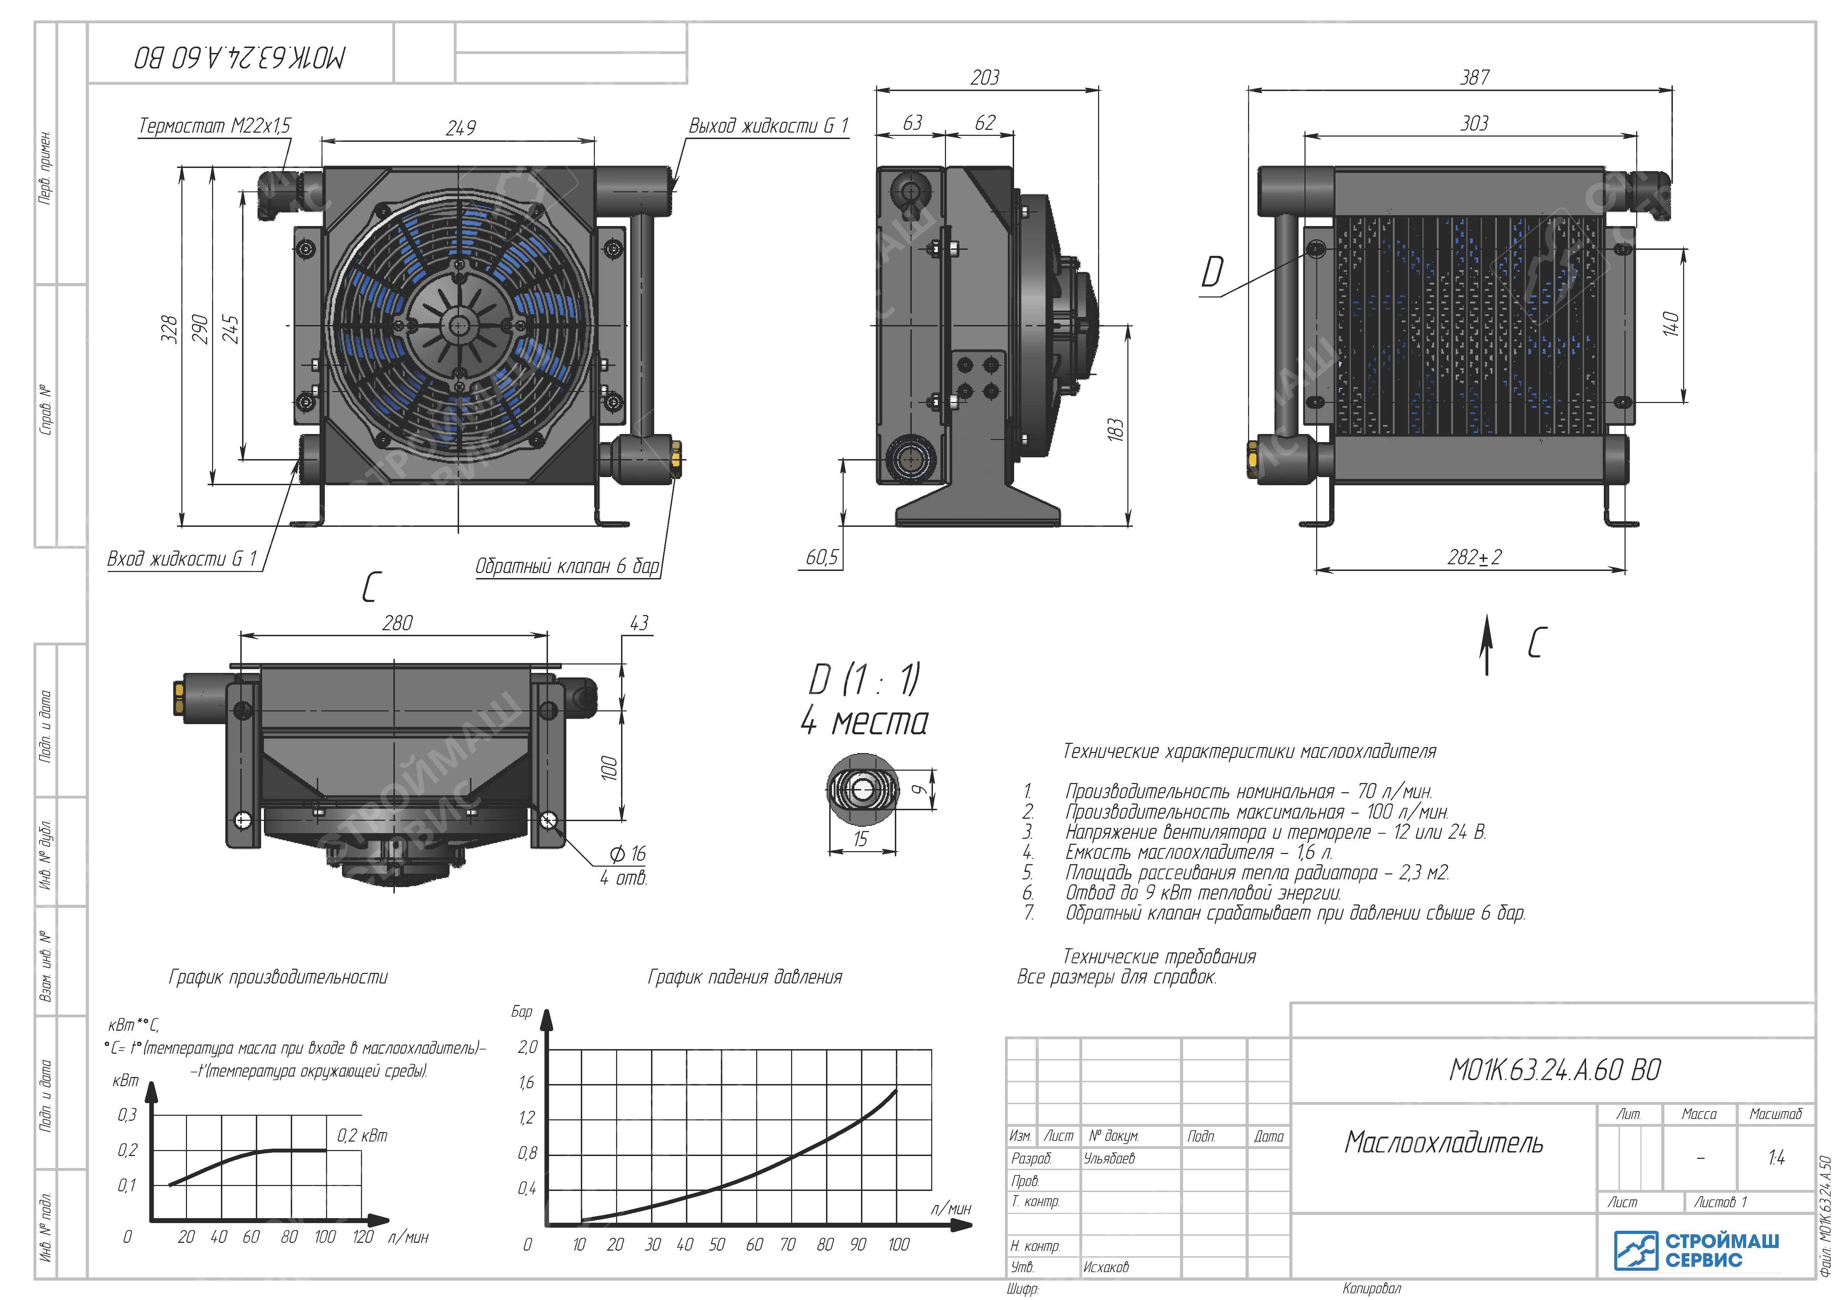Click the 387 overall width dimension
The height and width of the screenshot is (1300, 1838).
point(1475,78)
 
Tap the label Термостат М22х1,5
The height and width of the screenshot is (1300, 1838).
point(215,126)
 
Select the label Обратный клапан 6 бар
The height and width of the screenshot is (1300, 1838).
point(568,566)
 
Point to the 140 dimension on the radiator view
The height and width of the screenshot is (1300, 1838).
point(1671,324)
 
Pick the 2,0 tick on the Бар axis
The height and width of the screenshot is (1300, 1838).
point(528,1047)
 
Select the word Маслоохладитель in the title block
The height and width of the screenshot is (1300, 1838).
point(1444,1142)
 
